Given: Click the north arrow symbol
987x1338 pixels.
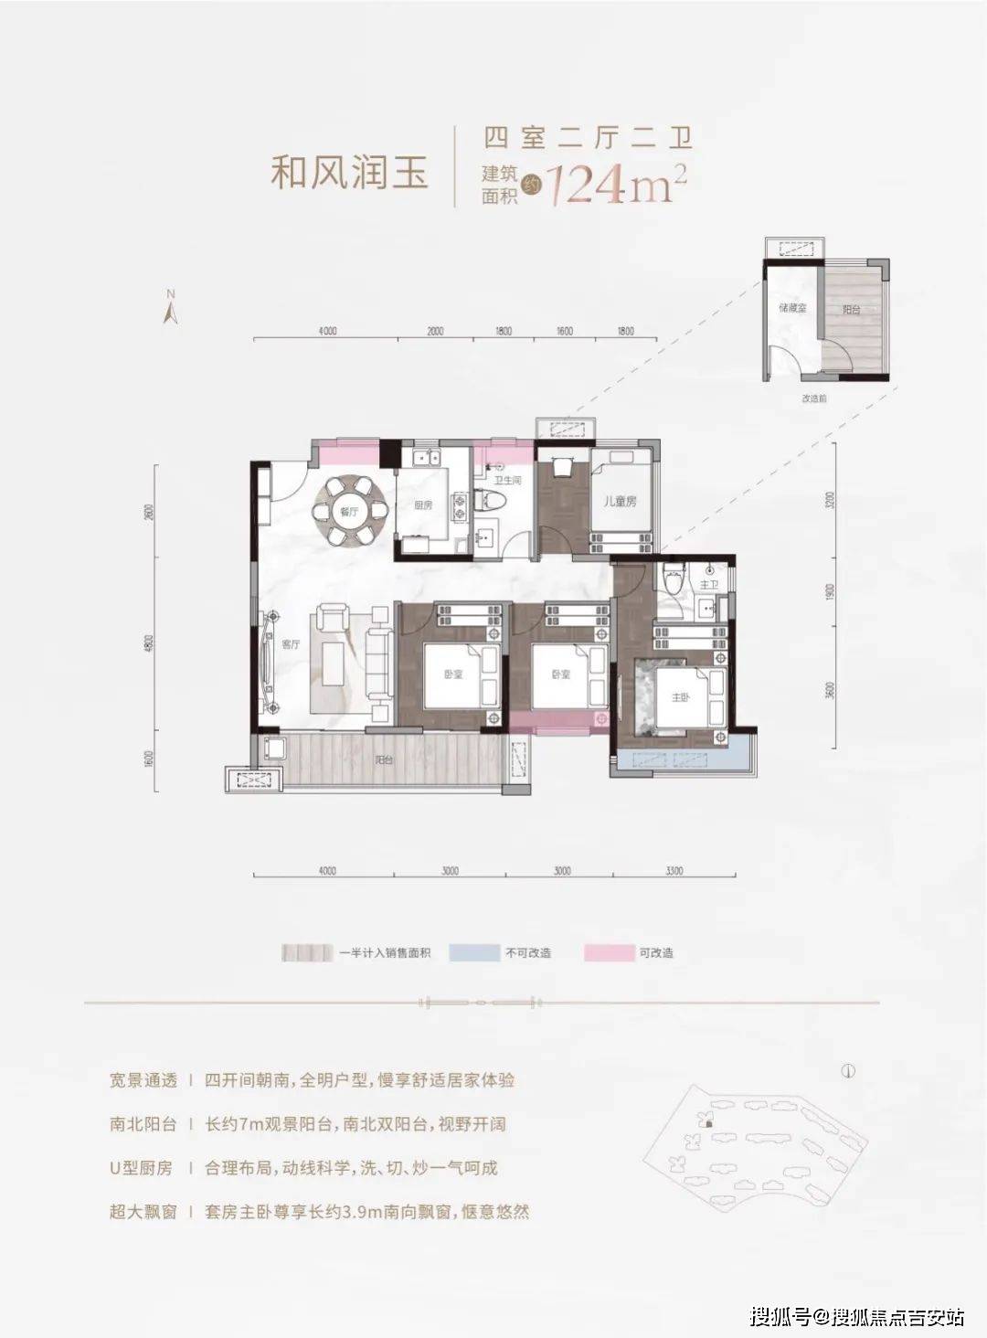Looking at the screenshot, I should tap(169, 308).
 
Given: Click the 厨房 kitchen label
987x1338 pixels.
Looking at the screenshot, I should tap(422, 505).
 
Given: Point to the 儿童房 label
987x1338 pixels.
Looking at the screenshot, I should tap(620, 501).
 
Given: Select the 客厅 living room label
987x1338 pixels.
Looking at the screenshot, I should tap(292, 644).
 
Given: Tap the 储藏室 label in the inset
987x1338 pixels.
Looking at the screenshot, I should tap(791, 309).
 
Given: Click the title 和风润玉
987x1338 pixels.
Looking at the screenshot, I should tap(350, 172).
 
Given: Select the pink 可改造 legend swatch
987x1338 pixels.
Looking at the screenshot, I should tap(609, 953).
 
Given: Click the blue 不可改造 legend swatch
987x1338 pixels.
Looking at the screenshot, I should tap(474, 953).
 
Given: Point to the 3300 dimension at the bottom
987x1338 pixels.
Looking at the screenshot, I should tap(674, 871).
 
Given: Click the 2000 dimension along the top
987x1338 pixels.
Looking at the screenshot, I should tap(435, 331).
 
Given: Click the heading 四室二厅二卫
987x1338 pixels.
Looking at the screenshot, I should tap(588, 138).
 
